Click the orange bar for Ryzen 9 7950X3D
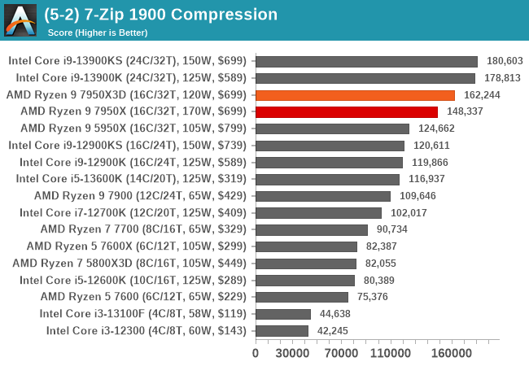[x=355, y=95]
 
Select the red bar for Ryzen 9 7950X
[x=347, y=111]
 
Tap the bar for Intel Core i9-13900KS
[x=366, y=61]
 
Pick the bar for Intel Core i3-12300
[x=282, y=330]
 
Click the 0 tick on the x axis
[x=256, y=354]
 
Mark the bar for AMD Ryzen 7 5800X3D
[x=306, y=263]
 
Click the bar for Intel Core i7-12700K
[x=318, y=212]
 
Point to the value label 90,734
[x=394, y=229]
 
